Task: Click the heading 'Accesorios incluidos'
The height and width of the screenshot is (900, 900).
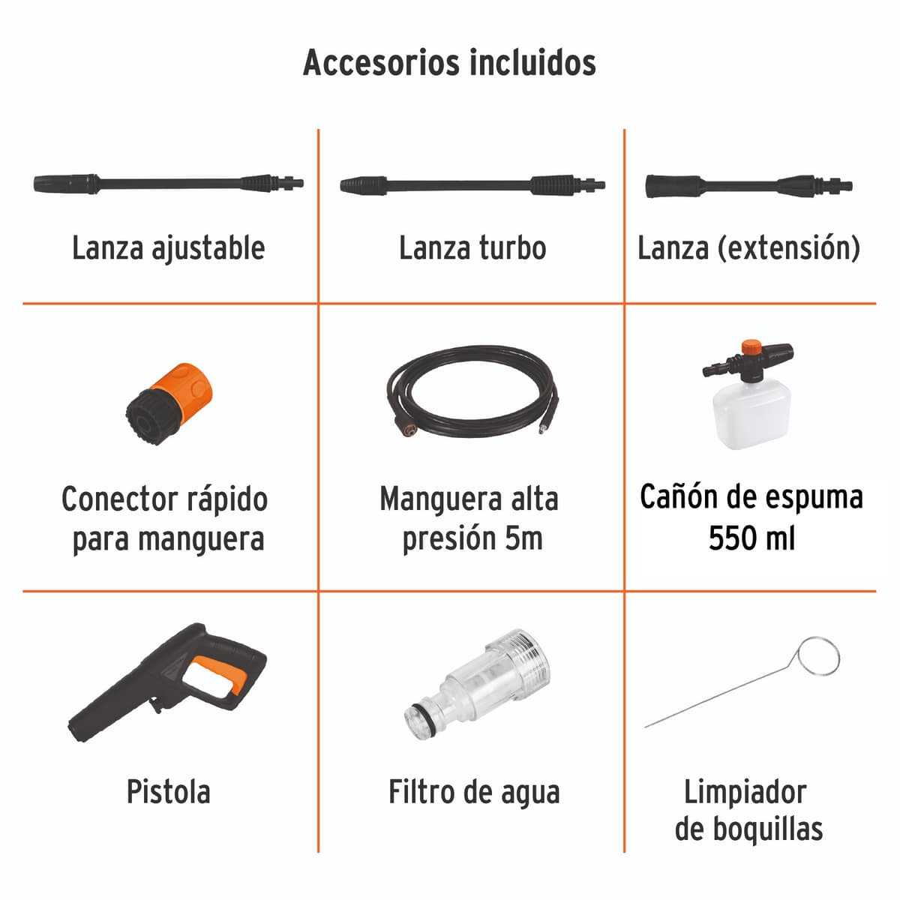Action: click(x=449, y=62)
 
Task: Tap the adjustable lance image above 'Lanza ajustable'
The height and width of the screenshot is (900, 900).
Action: click(x=169, y=183)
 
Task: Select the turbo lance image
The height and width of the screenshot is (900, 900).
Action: click(x=472, y=184)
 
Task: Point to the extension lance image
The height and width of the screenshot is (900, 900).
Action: click(x=748, y=185)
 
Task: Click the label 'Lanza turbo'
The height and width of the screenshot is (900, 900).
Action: click(x=472, y=248)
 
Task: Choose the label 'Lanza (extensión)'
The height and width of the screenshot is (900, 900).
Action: click(x=748, y=248)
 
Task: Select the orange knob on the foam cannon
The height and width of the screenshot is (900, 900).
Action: click(x=751, y=348)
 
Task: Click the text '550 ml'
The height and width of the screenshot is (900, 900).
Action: click(x=751, y=538)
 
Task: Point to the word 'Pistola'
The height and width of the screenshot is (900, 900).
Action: click(x=168, y=792)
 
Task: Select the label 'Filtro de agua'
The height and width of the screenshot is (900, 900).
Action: click(x=473, y=792)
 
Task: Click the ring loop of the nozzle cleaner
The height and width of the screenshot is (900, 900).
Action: click(x=818, y=658)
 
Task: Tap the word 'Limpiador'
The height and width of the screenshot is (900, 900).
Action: click(x=745, y=792)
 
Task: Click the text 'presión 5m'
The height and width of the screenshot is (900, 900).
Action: click(x=472, y=538)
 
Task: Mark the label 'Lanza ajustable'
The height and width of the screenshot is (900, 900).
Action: click(x=168, y=248)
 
